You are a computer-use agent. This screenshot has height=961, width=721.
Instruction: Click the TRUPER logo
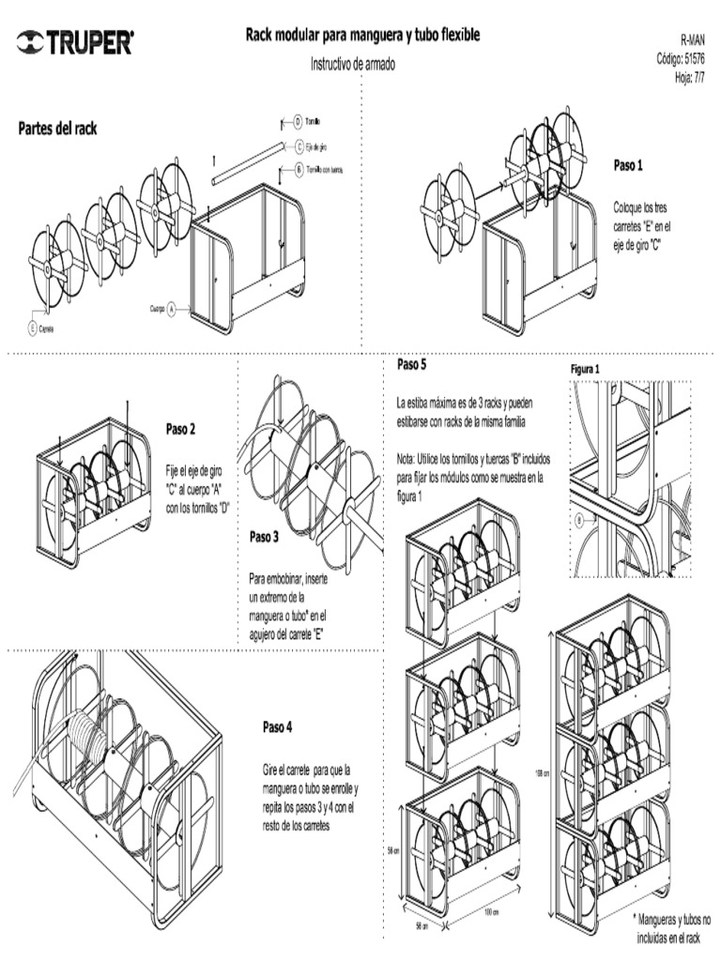[x=75, y=42]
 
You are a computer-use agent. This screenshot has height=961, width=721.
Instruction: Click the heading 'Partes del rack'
[x=57, y=128]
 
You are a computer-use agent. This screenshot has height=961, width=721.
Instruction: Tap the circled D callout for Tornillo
[x=298, y=122]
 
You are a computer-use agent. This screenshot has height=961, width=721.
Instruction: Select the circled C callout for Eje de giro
[x=298, y=146]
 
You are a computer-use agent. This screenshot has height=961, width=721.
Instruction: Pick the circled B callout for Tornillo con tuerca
[x=298, y=170]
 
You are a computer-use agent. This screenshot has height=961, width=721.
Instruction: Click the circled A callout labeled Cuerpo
[x=172, y=308]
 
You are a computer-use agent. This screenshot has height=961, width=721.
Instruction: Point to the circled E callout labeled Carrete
[x=32, y=328]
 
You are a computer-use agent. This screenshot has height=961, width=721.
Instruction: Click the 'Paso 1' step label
[x=628, y=166]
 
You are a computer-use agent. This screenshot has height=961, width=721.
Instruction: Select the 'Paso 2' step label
[x=180, y=430]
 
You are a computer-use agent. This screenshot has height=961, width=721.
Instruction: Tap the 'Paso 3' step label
[x=264, y=538]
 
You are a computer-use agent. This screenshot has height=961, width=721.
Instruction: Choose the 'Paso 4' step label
[x=277, y=726]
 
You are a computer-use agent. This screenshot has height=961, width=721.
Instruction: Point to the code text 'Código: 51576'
[x=681, y=59]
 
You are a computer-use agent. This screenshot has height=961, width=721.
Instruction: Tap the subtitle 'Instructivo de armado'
[x=353, y=65]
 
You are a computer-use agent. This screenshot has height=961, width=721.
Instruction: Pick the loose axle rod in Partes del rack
[x=248, y=163]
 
